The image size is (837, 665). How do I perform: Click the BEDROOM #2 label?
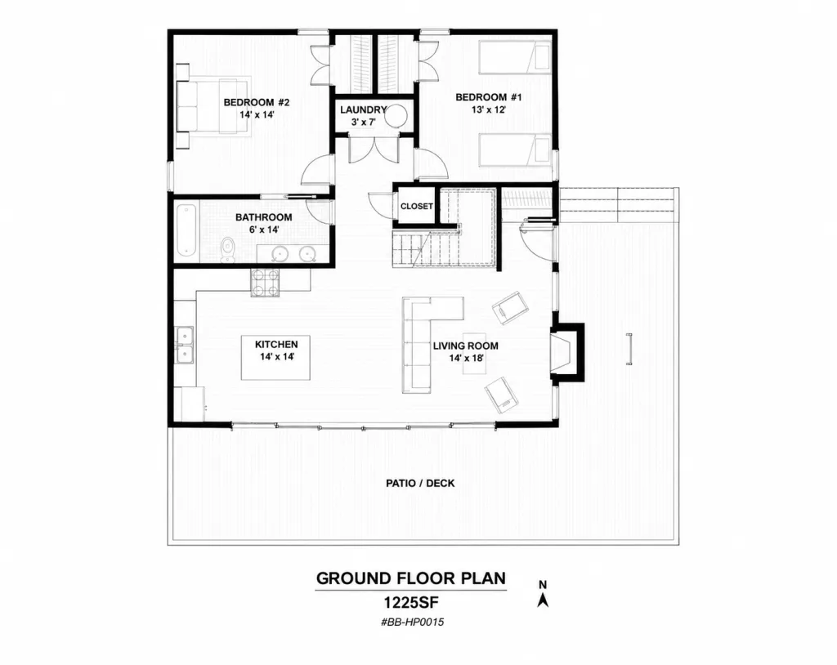(256, 102)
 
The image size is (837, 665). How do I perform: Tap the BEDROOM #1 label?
(489, 97)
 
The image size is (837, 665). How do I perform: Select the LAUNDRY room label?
(363, 110)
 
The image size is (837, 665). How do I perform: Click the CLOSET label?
(416, 206)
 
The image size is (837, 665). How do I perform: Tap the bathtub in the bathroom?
(186, 230)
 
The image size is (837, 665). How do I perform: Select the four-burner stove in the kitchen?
(266, 283)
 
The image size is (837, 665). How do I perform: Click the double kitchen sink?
(186, 346)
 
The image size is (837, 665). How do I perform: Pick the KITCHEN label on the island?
(276, 344)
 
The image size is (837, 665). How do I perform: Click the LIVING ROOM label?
(465, 346)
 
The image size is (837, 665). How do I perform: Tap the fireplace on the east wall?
(568, 352)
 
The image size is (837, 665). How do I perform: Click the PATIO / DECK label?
(420, 483)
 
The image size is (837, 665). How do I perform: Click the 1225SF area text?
(411, 603)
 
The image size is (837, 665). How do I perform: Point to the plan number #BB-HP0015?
(412, 623)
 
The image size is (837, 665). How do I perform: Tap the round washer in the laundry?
(397, 115)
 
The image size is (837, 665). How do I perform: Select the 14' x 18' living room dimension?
(466, 358)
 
